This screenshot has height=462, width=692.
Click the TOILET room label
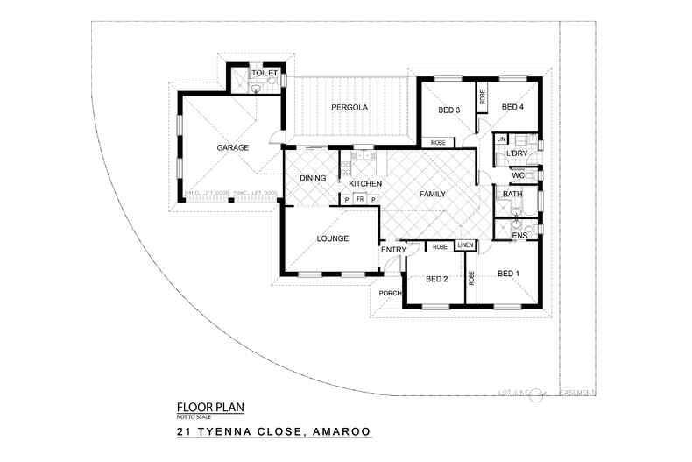[x=265, y=73]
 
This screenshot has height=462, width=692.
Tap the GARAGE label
[x=233, y=148]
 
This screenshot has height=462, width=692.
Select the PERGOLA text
[x=349, y=108]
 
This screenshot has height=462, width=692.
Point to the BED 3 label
[x=449, y=110]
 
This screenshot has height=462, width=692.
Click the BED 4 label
[x=512, y=107]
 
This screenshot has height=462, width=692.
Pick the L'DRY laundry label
[x=518, y=154]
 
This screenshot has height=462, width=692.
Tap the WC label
[x=517, y=174]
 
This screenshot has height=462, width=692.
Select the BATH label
[x=512, y=194]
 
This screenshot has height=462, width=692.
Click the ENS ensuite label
[x=519, y=234]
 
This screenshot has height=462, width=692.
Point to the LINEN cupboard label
[x=465, y=245]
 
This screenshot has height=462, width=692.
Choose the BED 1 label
[x=508, y=274]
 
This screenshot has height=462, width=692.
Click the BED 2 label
[x=436, y=279]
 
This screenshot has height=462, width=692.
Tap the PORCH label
[x=389, y=293]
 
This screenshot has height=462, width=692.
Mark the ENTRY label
[x=392, y=252]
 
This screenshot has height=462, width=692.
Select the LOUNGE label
[x=333, y=238]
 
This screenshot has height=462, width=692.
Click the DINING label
[x=313, y=179]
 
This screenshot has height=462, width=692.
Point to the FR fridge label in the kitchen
[x=359, y=200]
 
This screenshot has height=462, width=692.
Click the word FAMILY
[x=434, y=193]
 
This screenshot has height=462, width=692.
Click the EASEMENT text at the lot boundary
[x=578, y=392]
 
